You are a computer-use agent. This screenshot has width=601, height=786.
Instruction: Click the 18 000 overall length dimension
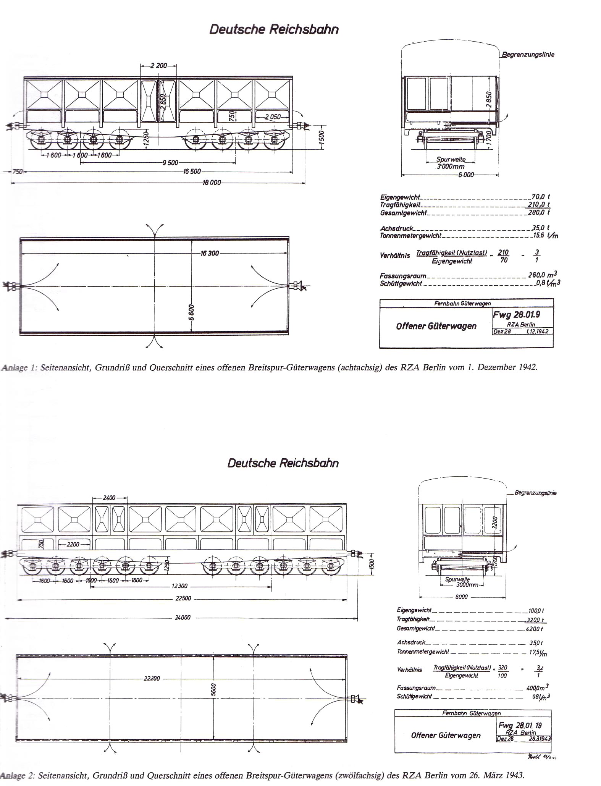coord(212,183)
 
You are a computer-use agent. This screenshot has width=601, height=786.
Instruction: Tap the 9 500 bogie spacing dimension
coord(170,163)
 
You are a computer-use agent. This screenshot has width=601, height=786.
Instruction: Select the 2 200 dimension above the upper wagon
coord(158,66)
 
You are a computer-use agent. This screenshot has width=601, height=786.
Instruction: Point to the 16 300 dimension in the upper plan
coord(210,253)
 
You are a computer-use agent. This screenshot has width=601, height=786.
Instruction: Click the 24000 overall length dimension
coord(183,618)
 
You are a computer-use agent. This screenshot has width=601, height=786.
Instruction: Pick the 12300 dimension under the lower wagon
coord(179,586)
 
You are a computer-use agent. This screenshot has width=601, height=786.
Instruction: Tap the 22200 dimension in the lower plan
coord(152,678)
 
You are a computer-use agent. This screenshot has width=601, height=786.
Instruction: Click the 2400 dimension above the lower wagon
coord(109,498)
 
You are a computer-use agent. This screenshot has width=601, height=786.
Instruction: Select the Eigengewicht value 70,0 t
coord(540,197)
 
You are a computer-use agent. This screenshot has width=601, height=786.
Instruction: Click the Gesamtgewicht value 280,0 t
coord(539,212)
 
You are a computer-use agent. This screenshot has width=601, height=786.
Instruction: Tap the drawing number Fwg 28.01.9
coord(516,315)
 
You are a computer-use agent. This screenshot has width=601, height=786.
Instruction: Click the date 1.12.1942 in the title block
coord(537,332)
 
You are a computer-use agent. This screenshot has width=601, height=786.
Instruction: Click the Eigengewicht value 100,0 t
coord(536,611)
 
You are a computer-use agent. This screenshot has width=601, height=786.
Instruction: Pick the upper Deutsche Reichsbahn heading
coord(274,30)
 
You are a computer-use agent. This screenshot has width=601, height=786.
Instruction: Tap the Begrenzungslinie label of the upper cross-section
coord(528,55)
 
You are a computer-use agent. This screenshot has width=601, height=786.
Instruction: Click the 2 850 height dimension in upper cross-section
coord(489,99)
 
